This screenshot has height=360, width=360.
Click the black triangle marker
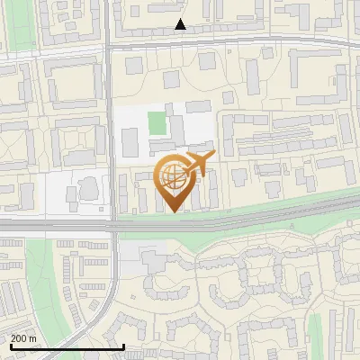[x=181, y=24]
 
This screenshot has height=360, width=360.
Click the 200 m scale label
[x=24, y=337]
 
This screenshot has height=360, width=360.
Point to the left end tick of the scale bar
[x=10, y=346]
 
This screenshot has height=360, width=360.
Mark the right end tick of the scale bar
[x=124, y=346]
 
